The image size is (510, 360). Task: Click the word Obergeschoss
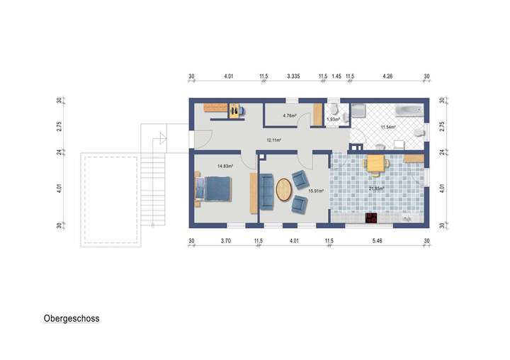pos(72,319)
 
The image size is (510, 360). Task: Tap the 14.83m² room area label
pos(225,166)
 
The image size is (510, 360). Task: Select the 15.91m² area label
pos(315,191)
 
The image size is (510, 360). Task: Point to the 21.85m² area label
pos(376,189)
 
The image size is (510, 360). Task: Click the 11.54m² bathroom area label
pos(387,127)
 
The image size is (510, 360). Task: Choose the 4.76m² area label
pos(289,116)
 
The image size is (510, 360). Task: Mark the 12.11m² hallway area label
pos(273,140)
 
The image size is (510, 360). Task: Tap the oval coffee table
pos(283,190)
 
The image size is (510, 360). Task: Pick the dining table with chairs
pos(375,164)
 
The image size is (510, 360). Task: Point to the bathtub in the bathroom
pos(409,110)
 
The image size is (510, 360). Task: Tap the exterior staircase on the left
pos(153,174)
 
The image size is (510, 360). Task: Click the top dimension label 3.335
pos(296,75)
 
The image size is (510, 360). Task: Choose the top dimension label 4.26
pos(388,75)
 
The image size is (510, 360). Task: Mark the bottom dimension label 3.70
pos(225,242)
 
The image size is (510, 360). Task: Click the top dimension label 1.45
pos(336,75)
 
